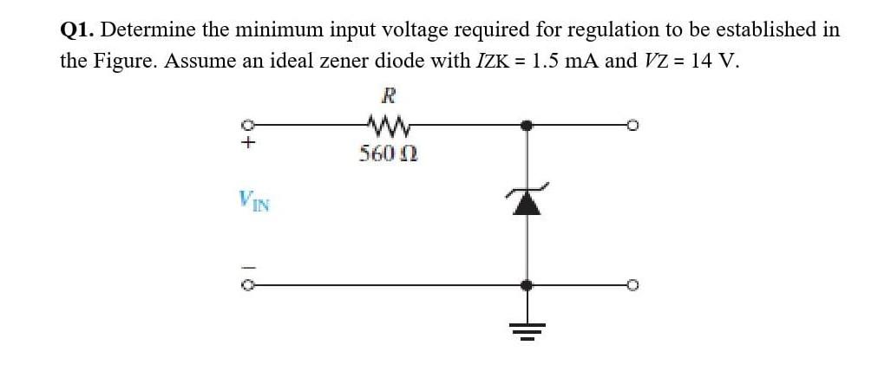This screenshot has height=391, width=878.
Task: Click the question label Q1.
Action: [x=77, y=29]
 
